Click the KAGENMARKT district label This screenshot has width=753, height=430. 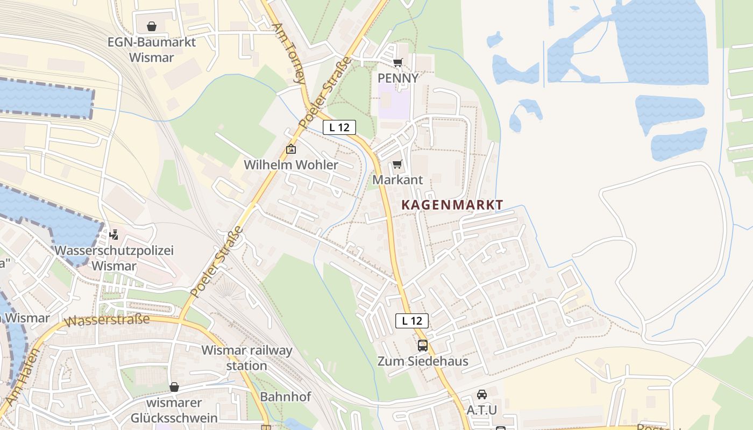click(452, 205)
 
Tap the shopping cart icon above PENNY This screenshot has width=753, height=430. click(397, 63)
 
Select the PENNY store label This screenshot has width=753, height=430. click(397, 78)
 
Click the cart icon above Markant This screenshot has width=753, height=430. click(397, 164)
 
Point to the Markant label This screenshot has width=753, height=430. click(397, 180)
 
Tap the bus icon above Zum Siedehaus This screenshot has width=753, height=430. click(423, 346)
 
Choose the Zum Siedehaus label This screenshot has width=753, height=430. click(423, 361)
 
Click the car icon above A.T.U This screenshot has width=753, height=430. click(482, 395)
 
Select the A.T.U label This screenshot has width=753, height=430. click(482, 410)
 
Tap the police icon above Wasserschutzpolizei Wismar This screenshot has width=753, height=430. click(113, 235)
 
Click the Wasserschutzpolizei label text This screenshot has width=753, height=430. click(114, 250)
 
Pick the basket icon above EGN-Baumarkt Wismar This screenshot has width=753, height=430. click(152, 26)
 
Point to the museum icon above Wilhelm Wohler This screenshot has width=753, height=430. click(291, 149)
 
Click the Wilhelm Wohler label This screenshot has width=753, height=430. click(291, 165)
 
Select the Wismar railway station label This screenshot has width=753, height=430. click(247, 358)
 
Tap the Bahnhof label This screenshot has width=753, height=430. click(285, 397)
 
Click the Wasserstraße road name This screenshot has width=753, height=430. click(107, 320)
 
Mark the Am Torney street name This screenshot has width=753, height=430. click(289, 54)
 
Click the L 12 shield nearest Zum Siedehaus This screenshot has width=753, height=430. click(412, 321)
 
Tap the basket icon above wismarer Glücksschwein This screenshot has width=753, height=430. click(174, 387)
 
